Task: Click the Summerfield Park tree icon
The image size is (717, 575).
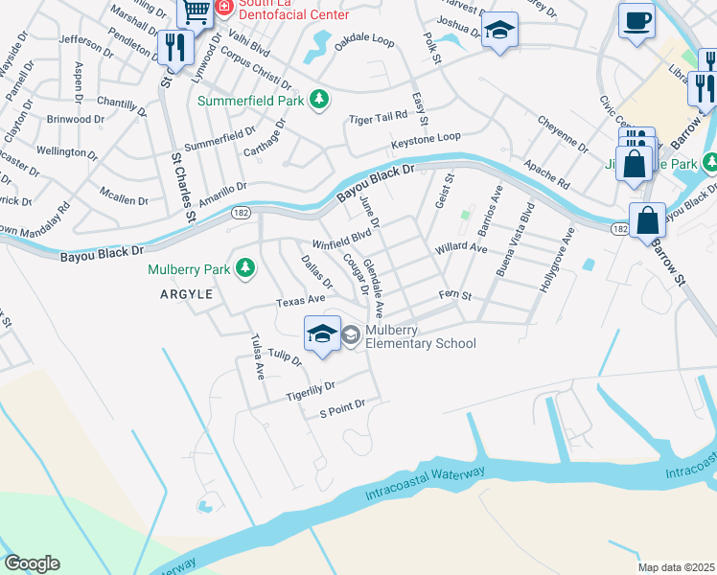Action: click(323, 100)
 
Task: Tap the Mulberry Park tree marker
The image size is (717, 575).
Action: click(246, 269)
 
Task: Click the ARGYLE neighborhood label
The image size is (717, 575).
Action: click(186, 295)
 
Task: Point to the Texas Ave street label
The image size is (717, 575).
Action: click(302, 301)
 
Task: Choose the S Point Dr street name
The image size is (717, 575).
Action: click(343, 410)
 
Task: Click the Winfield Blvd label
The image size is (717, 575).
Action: click(341, 238)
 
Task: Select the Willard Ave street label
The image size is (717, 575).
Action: click(460, 248)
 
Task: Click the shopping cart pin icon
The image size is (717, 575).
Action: click(197, 11)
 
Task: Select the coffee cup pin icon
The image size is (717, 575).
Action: click(636, 20)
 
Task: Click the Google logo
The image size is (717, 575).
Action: click(32, 563)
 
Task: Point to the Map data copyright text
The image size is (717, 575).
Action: click(676, 567)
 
